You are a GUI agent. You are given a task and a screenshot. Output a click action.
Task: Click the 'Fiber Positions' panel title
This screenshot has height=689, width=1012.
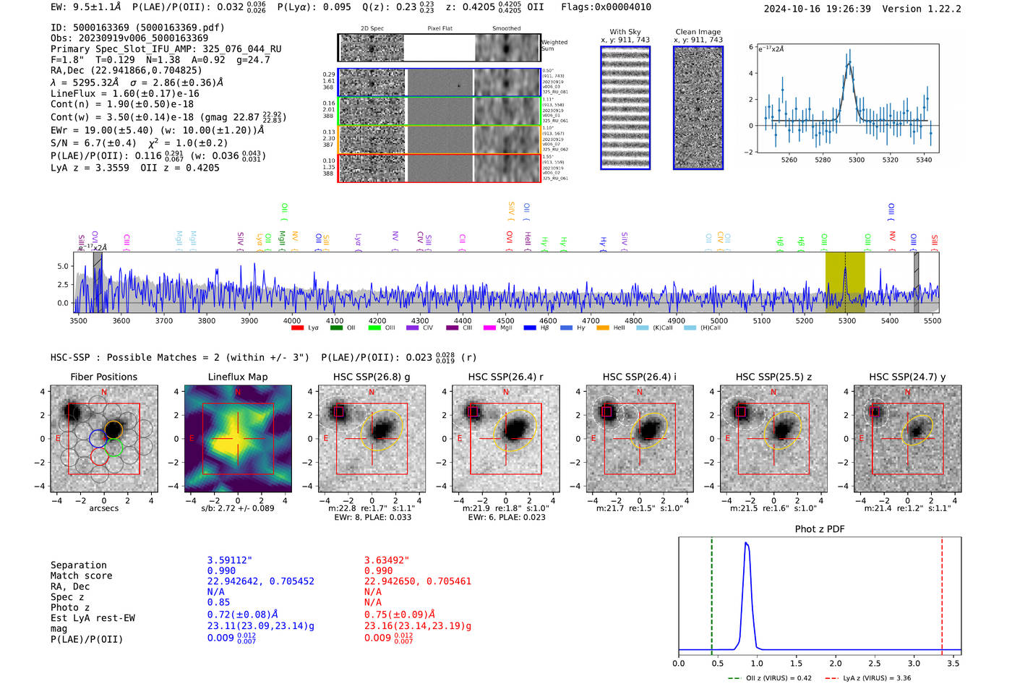(103, 377)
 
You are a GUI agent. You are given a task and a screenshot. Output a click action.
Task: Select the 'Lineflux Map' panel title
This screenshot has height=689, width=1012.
(238, 377)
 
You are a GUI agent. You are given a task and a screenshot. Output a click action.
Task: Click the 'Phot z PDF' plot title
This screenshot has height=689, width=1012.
(820, 529)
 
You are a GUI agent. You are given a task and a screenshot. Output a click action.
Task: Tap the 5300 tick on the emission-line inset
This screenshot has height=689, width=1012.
(857, 160)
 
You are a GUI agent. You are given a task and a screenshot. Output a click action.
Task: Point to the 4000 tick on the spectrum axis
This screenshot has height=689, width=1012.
(292, 321)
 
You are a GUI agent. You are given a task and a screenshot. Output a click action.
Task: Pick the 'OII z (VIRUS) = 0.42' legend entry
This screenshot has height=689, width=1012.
(770, 678)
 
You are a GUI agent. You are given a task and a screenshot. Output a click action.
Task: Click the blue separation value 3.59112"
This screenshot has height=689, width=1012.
(229, 560)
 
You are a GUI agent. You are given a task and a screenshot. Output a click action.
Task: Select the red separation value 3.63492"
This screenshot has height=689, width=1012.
(386, 560)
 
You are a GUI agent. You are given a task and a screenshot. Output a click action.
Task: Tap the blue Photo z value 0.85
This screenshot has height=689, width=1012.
(218, 602)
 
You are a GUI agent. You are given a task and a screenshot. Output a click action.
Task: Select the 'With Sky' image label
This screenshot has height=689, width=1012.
(625, 32)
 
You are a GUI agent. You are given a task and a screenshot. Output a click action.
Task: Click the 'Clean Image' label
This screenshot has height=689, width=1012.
(698, 32)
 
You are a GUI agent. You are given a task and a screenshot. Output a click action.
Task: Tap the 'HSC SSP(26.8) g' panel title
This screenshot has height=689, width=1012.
(372, 377)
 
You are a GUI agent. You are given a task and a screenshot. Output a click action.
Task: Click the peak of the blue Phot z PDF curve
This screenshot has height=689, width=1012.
(746, 543)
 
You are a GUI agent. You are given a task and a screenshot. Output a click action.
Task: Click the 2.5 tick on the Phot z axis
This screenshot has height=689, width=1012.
(875, 663)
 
